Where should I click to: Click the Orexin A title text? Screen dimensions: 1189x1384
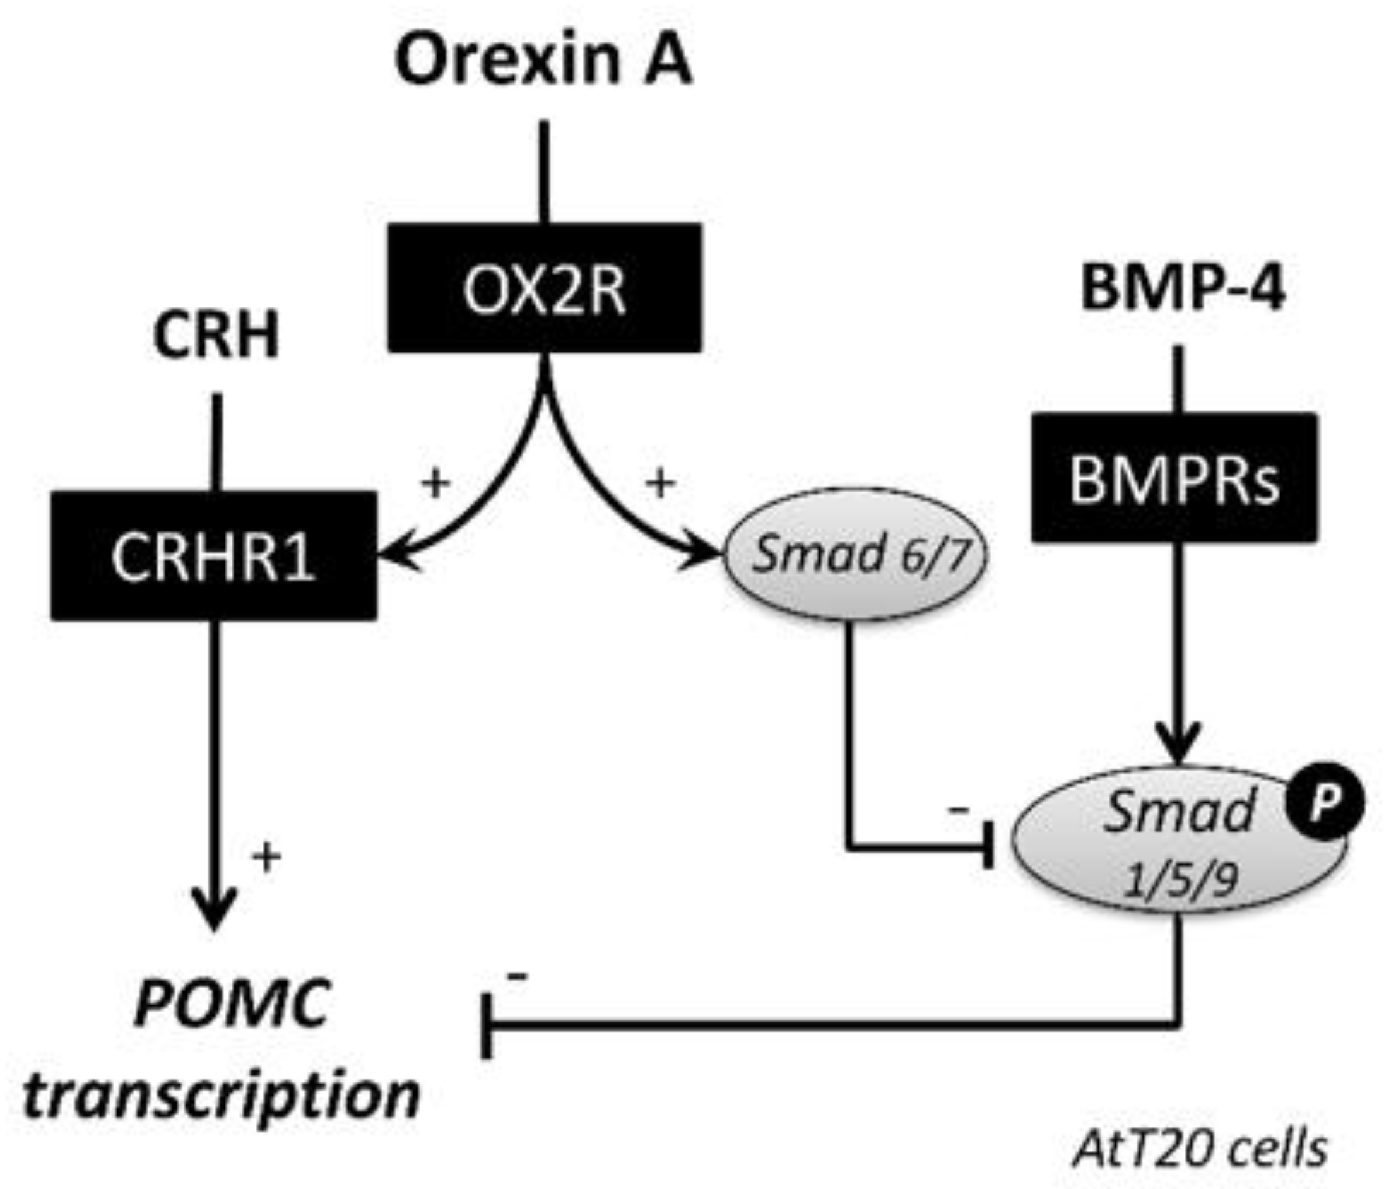point(543,60)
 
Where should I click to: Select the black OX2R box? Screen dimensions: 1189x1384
point(545,288)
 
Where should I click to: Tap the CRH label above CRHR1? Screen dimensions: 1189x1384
point(216,336)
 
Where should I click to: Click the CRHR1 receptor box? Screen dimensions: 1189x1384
point(213,556)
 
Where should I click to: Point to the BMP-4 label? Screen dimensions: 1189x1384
point(1182,288)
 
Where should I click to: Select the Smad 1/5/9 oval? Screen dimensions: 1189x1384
point(1179,839)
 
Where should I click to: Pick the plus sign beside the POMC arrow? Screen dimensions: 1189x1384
point(266,857)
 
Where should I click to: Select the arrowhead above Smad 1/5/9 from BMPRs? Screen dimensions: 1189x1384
point(1179,745)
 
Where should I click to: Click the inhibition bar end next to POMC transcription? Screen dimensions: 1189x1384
point(487,1026)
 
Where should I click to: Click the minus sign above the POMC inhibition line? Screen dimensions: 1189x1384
point(518,977)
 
